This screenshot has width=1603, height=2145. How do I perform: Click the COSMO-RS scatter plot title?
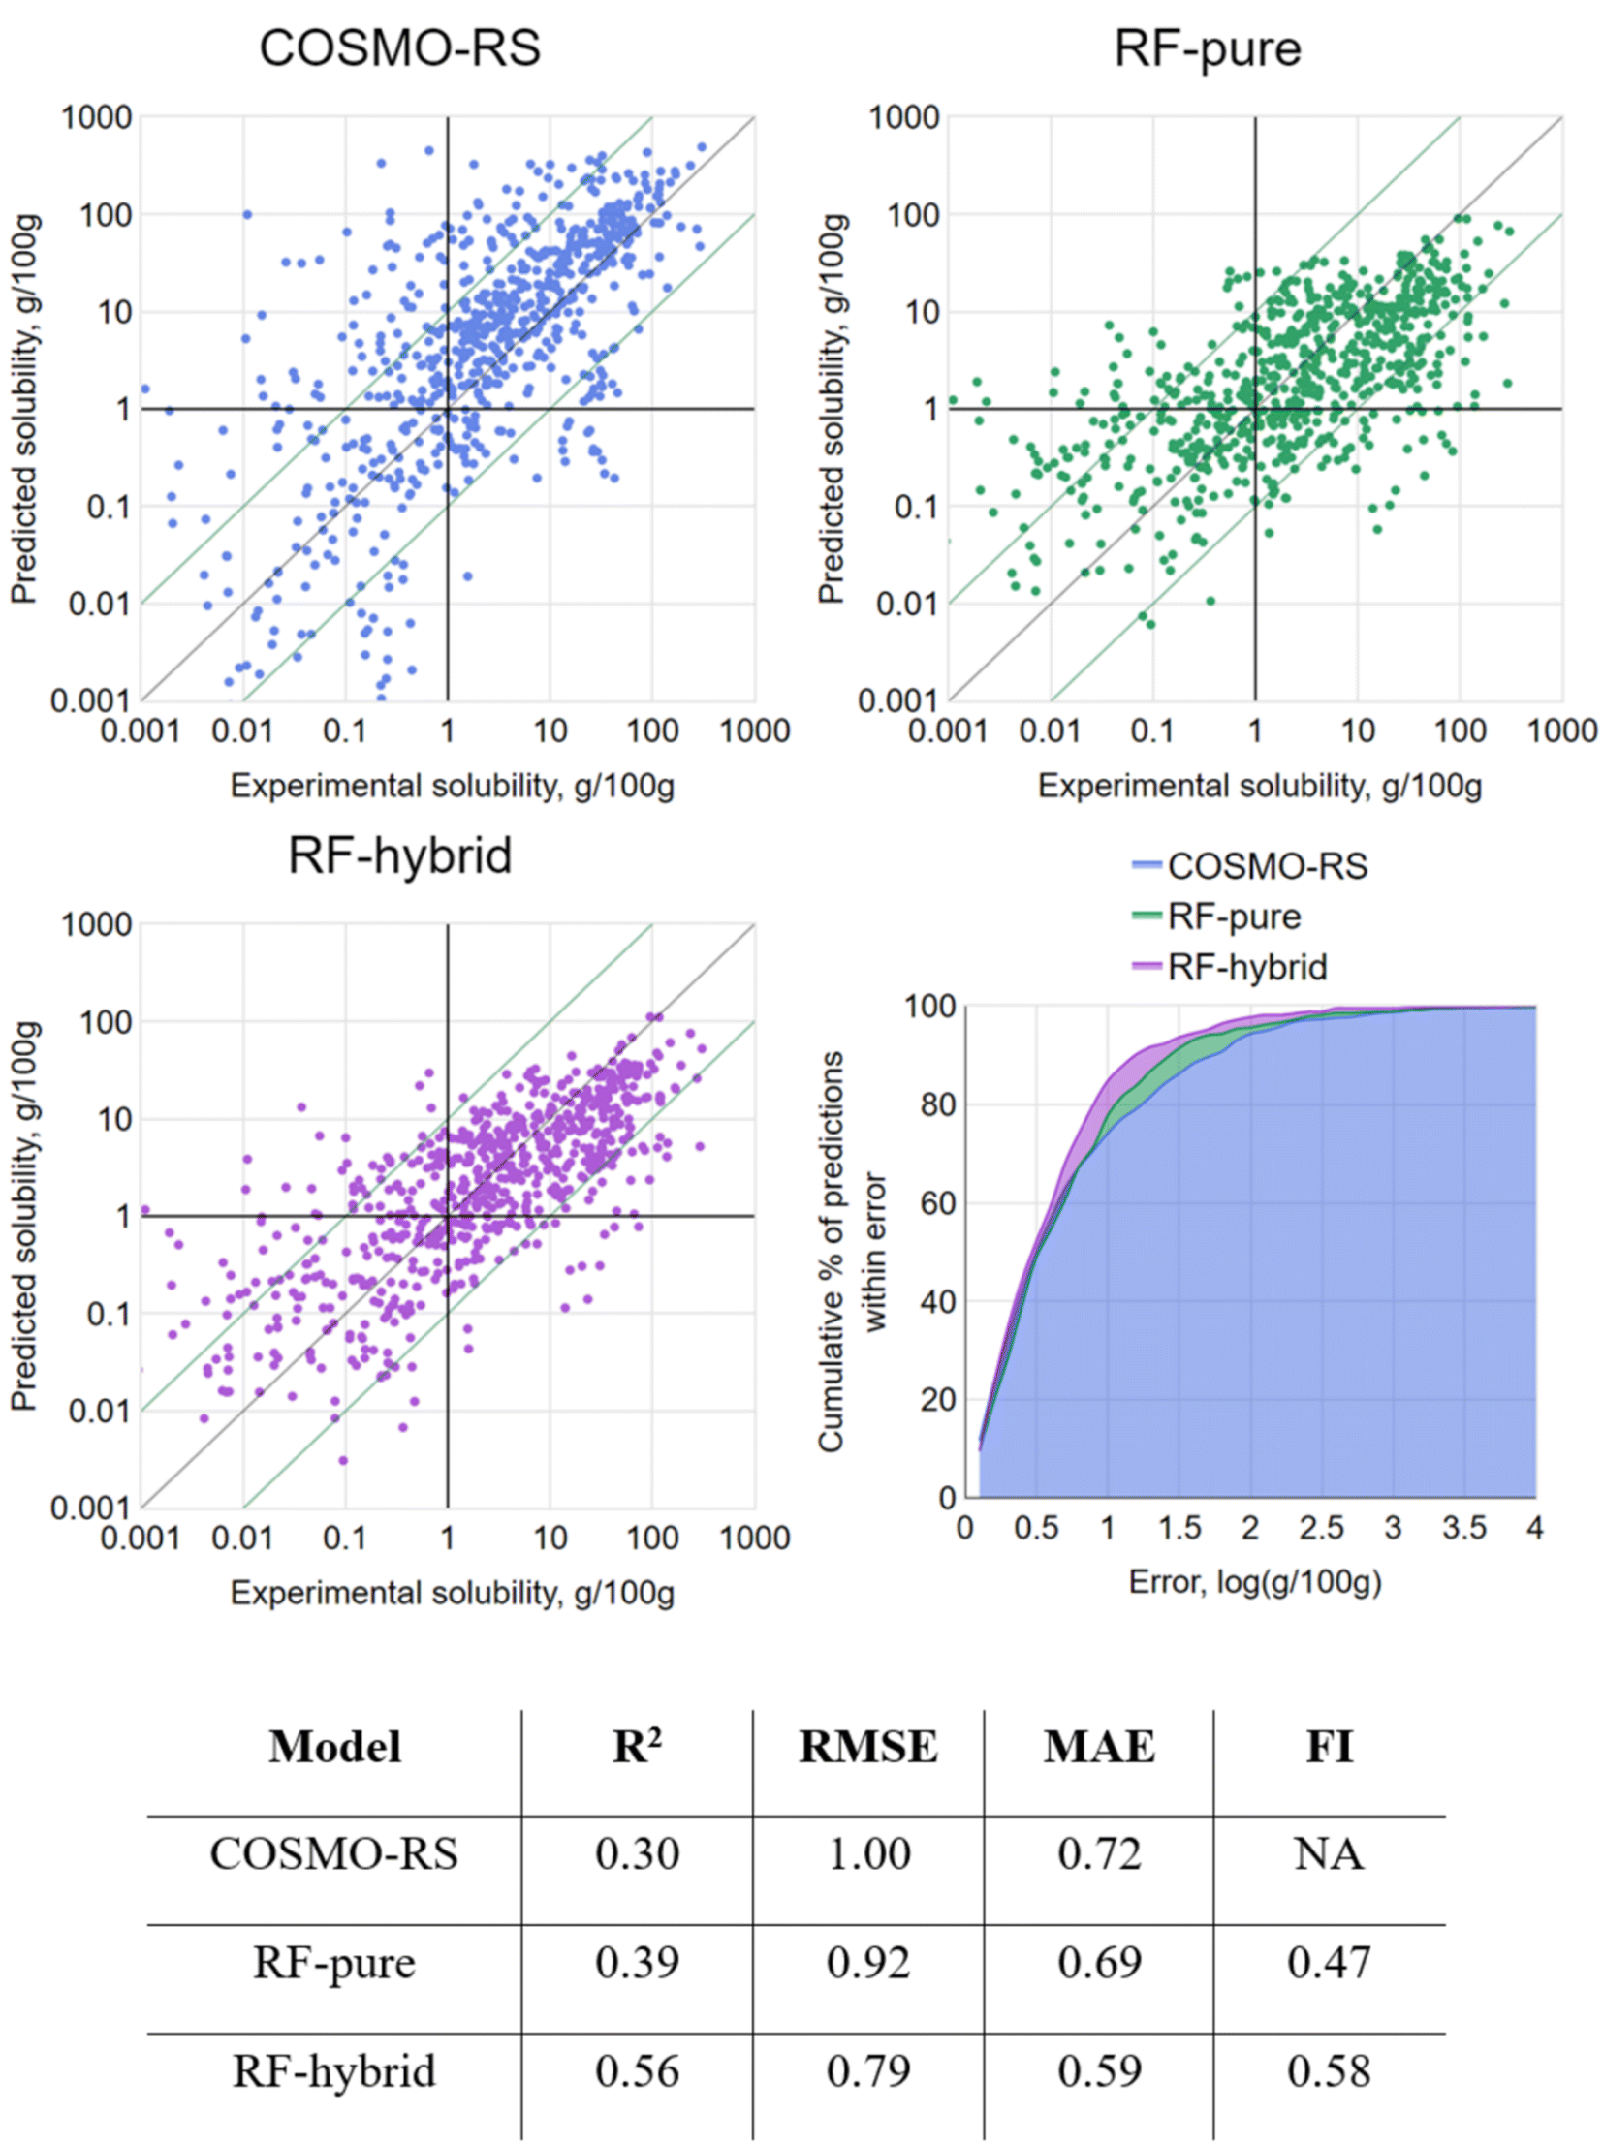399,48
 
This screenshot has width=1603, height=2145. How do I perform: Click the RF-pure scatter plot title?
1208,48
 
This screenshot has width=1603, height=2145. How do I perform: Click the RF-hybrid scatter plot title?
399,855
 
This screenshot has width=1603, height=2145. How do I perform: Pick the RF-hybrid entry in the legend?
1246,967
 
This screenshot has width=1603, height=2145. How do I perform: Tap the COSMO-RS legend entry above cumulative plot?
1267,866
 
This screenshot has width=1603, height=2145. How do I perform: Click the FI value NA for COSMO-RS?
1329,1853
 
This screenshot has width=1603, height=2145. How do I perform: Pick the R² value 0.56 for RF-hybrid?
637,2070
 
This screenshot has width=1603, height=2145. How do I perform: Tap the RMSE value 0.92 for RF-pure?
868,1962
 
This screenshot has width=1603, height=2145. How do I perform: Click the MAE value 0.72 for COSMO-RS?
1099,1853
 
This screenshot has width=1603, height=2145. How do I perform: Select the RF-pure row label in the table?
334,1962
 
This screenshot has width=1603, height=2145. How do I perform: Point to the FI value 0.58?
1329,2070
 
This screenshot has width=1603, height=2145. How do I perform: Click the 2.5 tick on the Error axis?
1322,1528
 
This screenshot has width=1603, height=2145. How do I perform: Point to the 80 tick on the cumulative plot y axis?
935,1104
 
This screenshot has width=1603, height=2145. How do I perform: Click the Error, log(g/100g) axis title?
1255,1582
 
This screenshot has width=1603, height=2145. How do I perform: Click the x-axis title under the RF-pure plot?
1260,786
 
